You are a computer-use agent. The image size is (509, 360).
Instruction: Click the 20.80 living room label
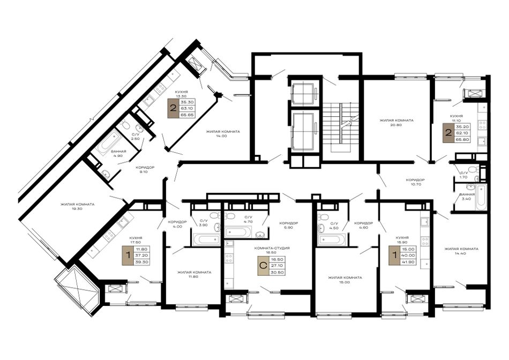pyautogui.click(x=396, y=122)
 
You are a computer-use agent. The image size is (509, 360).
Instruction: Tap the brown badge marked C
pyautogui.click(x=263, y=266)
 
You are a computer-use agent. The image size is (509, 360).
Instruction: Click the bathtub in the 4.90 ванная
pyautogui.click(x=109, y=142)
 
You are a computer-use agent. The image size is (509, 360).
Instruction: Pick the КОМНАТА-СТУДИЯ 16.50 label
pyautogui.click(x=272, y=250)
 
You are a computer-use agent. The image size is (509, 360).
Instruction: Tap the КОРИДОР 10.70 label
pyautogui.click(x=415, y=182)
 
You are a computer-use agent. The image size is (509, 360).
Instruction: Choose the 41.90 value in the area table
pyautogui.click(x=407, y=262)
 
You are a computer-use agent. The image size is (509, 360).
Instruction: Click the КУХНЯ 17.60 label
pyautogui.click(x=136, y=239)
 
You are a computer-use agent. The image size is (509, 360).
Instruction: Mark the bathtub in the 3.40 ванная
pyautogui.click(x=481, y=197)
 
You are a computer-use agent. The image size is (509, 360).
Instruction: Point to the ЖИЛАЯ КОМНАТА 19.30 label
pyautogui.click(x=77, y=206)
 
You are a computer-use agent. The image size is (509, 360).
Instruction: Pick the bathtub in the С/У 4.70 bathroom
pyautogui.click(x=238, y=231)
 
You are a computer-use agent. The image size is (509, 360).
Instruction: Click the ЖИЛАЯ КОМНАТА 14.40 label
pyautogui.click(x=461, y=251)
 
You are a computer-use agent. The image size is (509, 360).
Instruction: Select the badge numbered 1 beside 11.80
pyautogui.click(x=128, y=256)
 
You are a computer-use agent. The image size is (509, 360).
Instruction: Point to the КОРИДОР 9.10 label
pyautogui.click(x=145, y=169)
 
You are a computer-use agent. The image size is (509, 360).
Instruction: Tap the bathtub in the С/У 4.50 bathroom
pyautogui.click(x=330, y=240)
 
